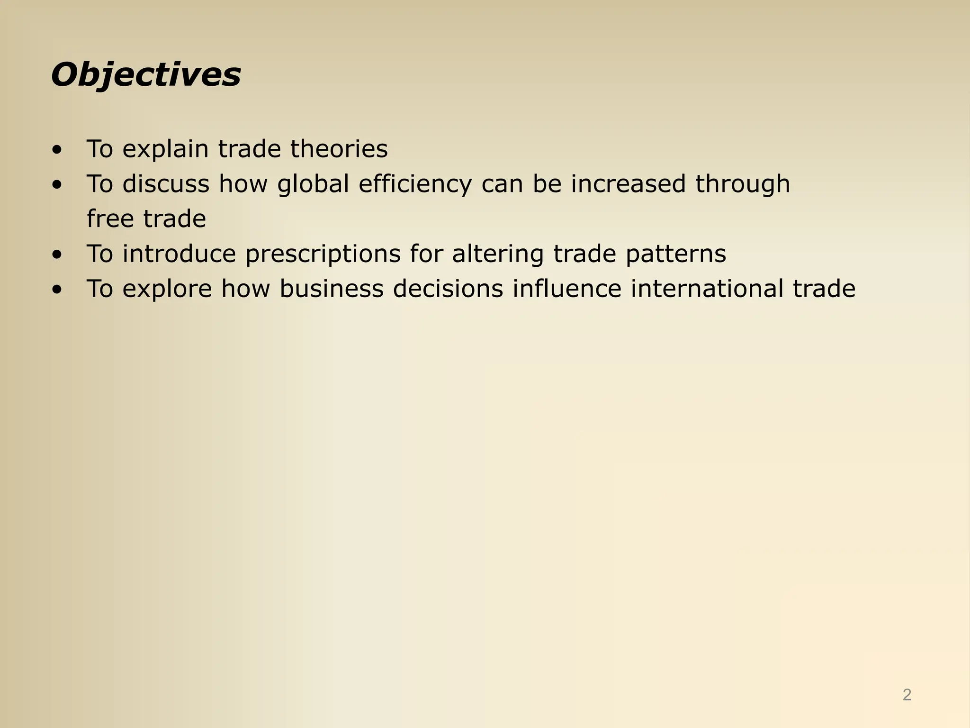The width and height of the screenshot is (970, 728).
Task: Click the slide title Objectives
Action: [146, 75]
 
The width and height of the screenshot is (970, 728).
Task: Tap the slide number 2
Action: [907, 695]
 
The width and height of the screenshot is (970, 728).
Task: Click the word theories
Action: [339, 149]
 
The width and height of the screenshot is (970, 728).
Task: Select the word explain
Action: [165, 149]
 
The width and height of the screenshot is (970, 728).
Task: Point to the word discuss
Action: [165, 184]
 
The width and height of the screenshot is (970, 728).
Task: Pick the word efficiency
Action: [415, 184]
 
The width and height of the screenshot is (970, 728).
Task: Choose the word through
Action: [743, 184]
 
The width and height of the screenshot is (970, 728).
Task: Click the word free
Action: [110, 219]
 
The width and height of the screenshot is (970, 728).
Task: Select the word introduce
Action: [179, 254]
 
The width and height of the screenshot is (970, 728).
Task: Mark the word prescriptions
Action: [323, 254]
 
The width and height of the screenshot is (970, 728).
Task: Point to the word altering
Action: [497, 254]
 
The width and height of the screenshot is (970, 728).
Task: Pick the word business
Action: [331, 289]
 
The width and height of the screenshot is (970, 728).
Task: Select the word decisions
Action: [448, 289]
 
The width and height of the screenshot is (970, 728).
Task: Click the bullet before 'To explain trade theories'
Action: [57, 151]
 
